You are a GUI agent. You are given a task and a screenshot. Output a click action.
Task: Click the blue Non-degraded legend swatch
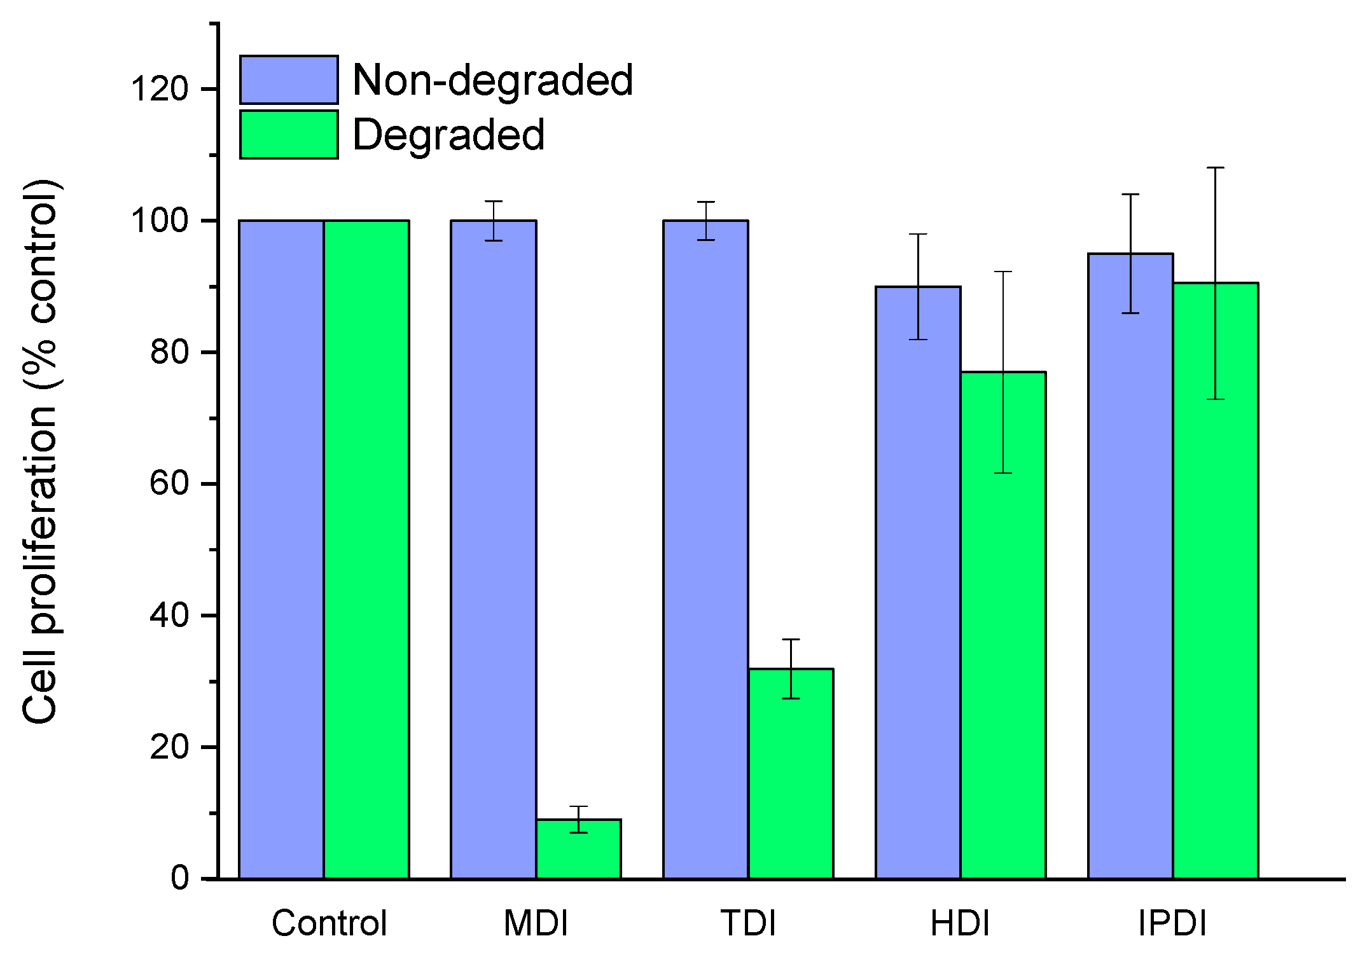pos(289,80)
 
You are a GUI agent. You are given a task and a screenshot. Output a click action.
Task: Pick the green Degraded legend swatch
pos(289,135)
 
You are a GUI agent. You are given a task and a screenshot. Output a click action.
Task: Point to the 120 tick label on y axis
pos(160,89)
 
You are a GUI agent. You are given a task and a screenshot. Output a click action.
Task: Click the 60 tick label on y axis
pos(169,484)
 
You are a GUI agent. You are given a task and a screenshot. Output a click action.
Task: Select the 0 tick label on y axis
pos(179,879)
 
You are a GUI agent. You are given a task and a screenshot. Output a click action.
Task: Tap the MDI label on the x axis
pos(536,924)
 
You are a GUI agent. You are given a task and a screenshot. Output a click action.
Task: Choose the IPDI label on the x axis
pos(1172,924)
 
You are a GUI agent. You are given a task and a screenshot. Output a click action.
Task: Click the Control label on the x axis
pos(329,924)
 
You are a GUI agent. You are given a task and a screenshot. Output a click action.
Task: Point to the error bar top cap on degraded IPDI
pos(1216,168)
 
